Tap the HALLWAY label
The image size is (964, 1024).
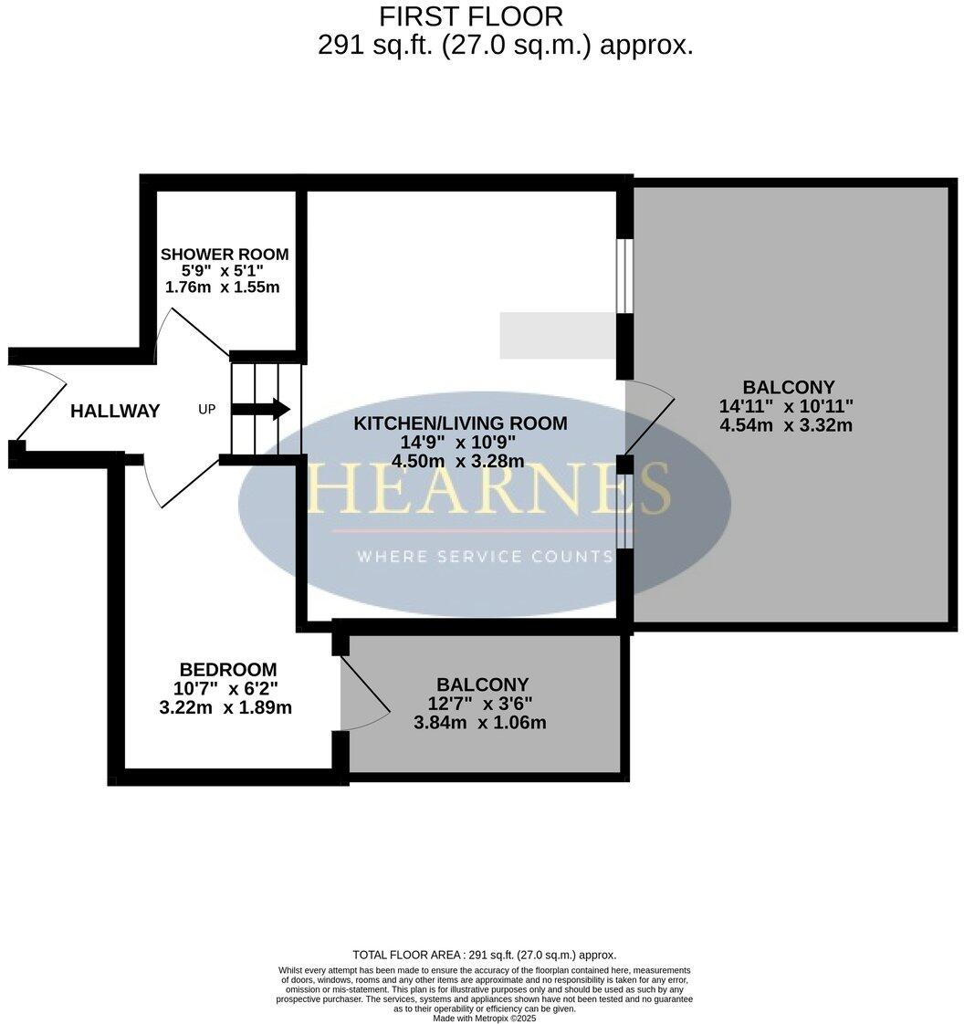[x=115, y=412]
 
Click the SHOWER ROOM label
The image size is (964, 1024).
[x=224, y=255]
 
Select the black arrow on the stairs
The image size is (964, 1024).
[x=261, y=409]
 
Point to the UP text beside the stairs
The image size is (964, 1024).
[x=207, y=410]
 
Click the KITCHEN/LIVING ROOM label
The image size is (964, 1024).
[x=460, y=423]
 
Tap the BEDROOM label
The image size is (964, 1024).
[x=227, y=670]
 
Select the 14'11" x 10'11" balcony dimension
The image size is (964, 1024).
[x=786, y=406]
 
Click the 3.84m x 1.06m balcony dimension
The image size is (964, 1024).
[x=481, y=723]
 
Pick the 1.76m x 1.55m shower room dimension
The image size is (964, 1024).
[x=222, y=287]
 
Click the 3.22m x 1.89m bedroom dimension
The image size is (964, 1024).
[x=225, y=707]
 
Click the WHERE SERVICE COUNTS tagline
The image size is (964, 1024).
[x=484, y=557]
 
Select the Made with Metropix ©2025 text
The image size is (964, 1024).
[x=484, y=1019]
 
